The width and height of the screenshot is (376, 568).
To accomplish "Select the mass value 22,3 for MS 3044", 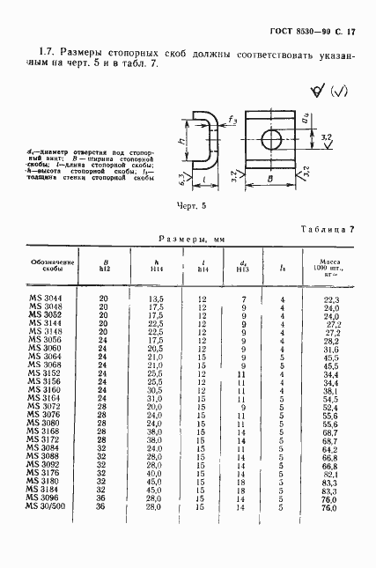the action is [x=330, y=301].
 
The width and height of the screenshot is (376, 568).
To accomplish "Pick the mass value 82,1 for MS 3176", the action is [x=330, y=476].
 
